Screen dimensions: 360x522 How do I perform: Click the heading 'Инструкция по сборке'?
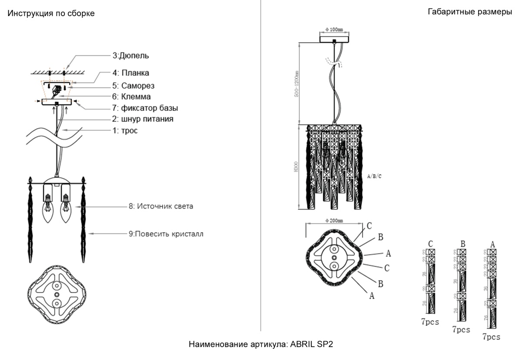(51, 13)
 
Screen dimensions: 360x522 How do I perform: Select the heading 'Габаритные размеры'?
(470, 12)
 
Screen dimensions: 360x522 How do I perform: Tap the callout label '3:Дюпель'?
(131, 56)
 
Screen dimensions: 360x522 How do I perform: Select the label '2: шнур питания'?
(144, 119)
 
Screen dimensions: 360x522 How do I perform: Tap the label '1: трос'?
(125, 130)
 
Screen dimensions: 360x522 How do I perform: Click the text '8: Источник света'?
(161, 207)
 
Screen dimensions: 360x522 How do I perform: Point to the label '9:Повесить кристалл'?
(166, 233)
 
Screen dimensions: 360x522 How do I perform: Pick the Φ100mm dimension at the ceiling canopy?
(334, 30)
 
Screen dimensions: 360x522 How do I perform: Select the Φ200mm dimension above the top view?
(334, 220)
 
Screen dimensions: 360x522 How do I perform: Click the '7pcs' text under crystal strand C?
(430, 322)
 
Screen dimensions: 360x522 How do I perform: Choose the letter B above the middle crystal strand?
(462, 244)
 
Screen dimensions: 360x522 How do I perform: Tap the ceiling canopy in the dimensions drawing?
(334, 38)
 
